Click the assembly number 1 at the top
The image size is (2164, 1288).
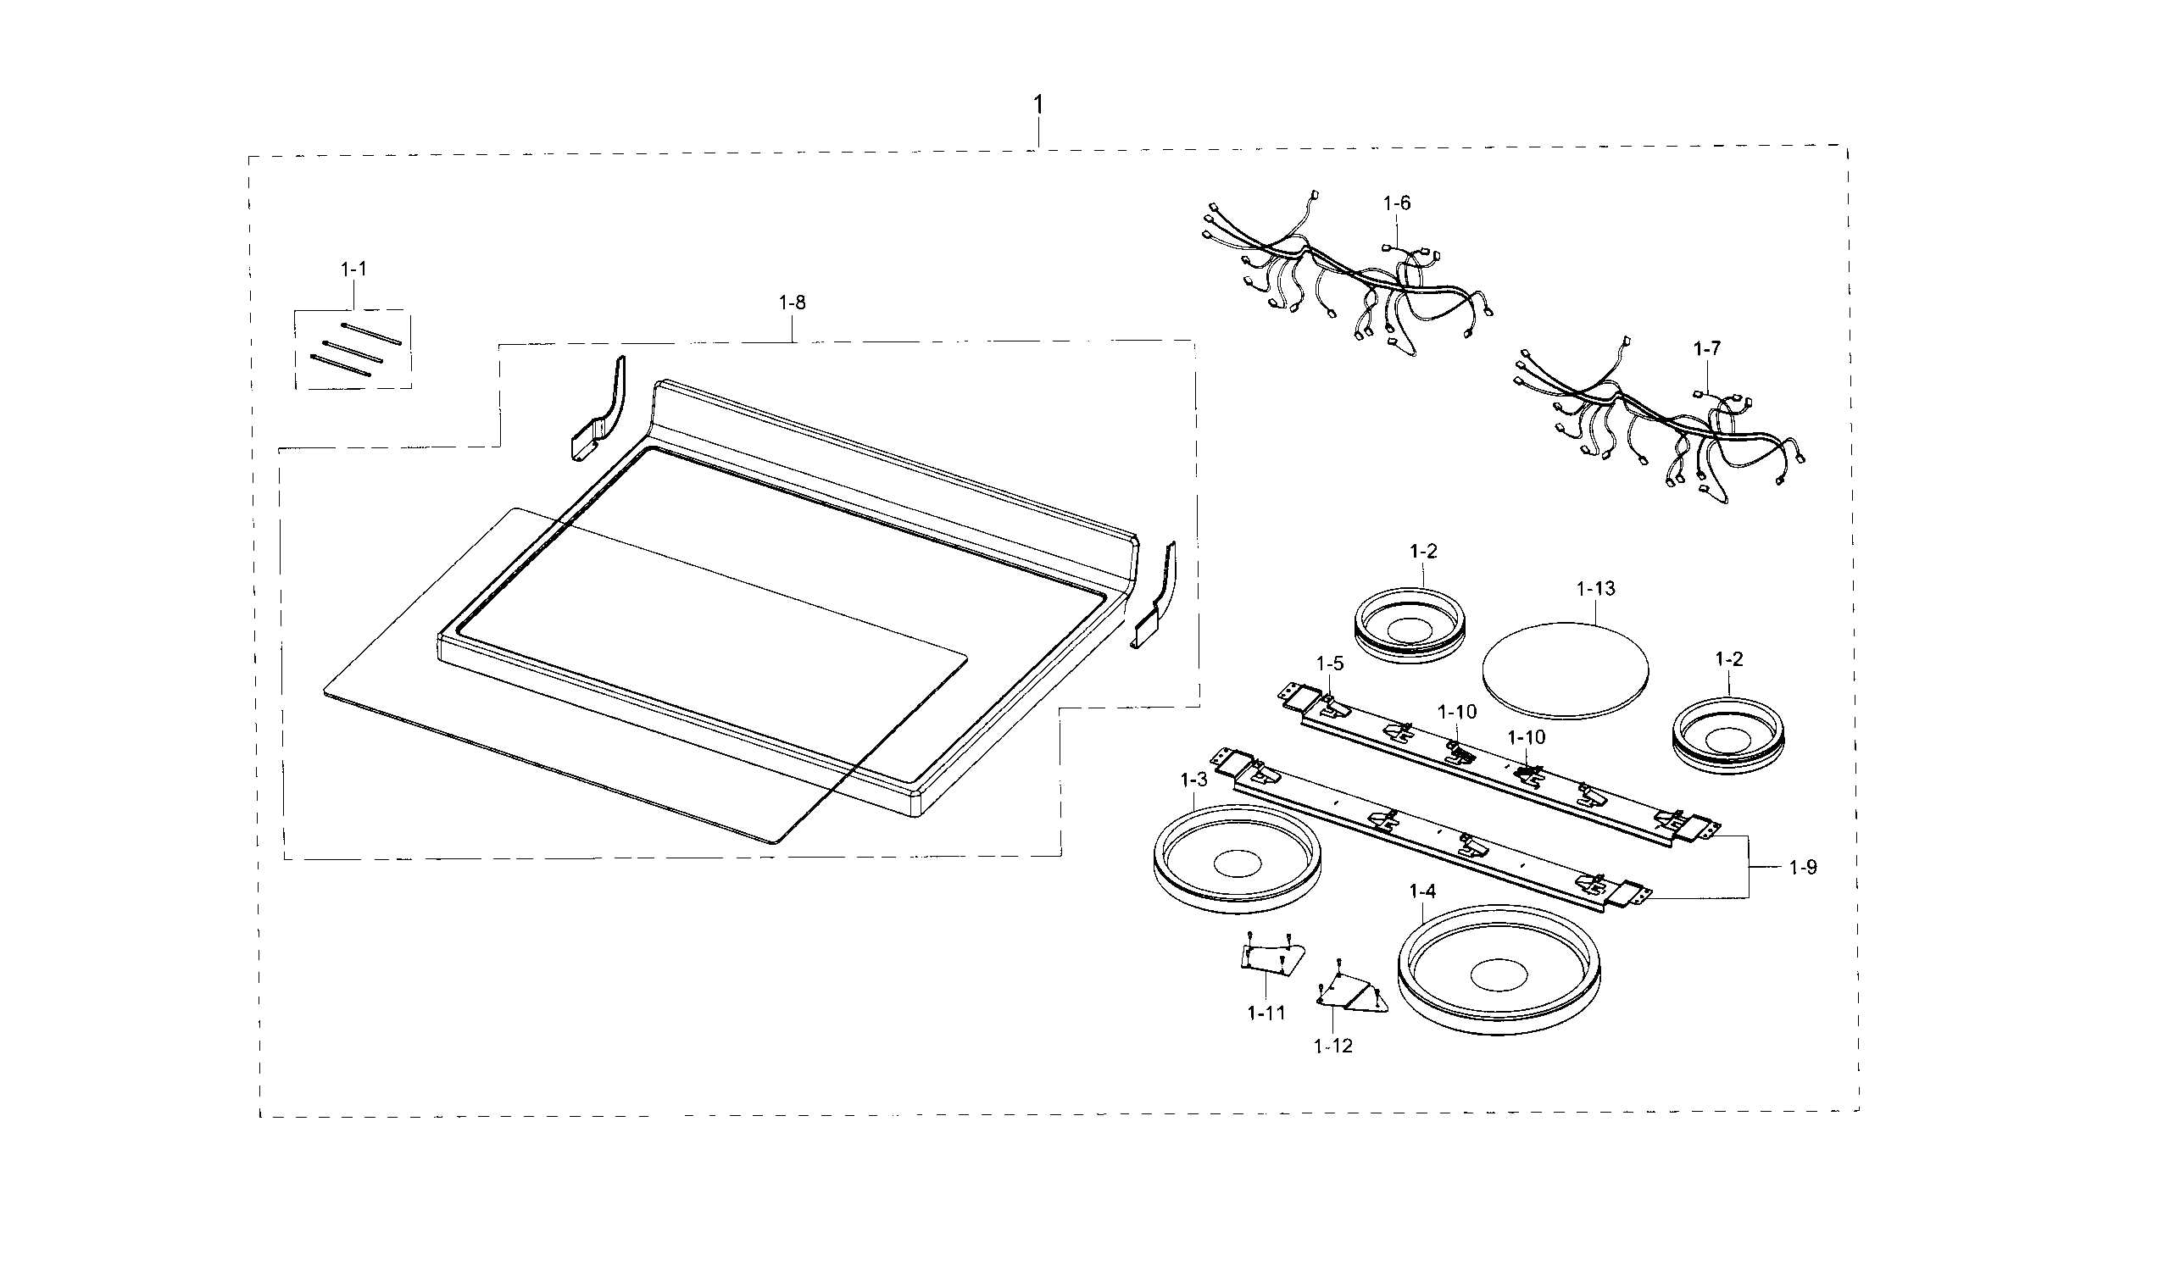(x=1037, y=105)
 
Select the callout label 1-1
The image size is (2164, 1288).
(x=353, y=269)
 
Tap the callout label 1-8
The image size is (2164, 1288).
(x=792, y=303)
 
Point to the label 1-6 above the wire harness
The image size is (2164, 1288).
(x=1396, y=203)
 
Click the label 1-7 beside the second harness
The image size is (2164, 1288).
(x=1705, y=348)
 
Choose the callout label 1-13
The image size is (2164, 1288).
(x=1595, y=588)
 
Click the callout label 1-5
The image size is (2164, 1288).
(x=1329, y=664)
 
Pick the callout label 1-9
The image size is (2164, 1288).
(x=1802, y=867)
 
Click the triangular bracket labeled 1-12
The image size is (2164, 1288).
(x=1350, y=994)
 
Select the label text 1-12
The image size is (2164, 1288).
(x=1332, y=1046)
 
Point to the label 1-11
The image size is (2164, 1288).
(x=1266, y=1013)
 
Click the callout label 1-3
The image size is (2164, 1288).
(x=1193, y=780)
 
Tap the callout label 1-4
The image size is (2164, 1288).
(x=1421, y=891)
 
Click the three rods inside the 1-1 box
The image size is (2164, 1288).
(x=355, y=347)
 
